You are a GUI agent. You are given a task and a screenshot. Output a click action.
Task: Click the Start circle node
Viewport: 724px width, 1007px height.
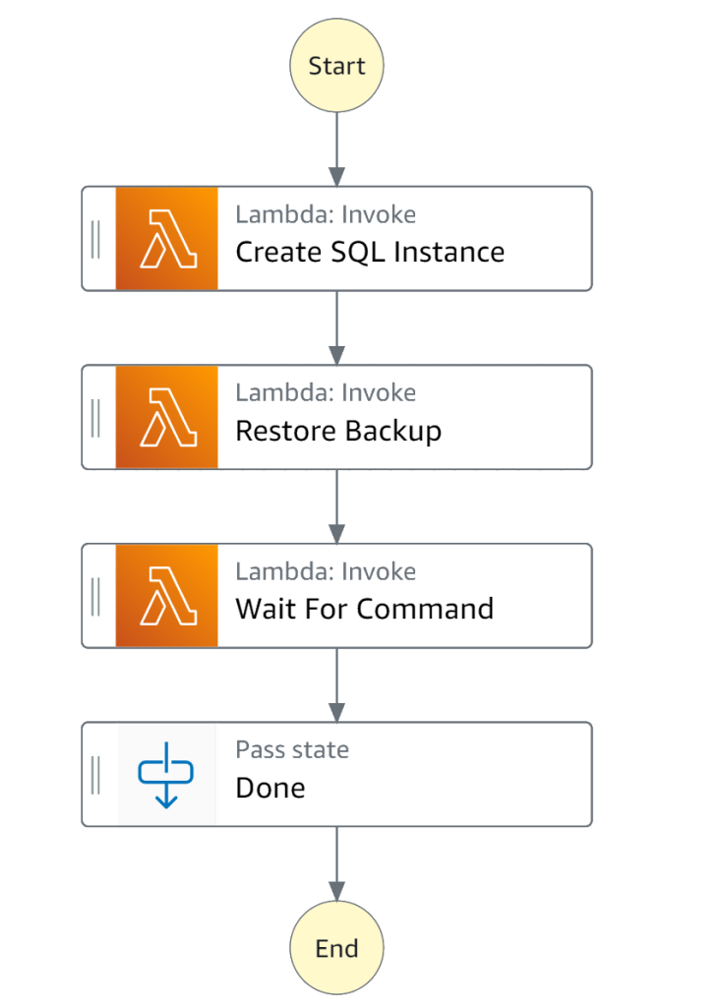(x=336, y=66)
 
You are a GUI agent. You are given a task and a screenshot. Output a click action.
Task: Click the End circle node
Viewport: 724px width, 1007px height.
(x=336, y=949)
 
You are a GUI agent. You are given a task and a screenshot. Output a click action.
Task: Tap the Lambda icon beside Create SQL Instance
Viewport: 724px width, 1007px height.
(x=167, y=238)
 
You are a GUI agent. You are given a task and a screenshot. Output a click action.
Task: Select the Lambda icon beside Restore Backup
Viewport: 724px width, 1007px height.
(x=167, y=417)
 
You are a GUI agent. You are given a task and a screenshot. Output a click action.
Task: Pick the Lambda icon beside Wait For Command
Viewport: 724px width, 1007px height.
(x=167, y=596)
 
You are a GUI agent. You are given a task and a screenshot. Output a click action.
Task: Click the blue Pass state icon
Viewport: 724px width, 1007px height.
(x=167, y=775)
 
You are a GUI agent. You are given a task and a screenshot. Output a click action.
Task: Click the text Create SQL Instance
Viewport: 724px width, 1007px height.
(x=370, y=252)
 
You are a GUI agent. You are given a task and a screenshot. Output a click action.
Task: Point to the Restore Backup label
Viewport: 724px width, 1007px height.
(x=338, y=431)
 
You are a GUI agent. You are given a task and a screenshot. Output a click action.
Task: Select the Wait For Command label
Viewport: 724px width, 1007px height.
(x=364, y=609)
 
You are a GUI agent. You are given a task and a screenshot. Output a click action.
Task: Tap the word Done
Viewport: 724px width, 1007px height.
(x=271, y=788)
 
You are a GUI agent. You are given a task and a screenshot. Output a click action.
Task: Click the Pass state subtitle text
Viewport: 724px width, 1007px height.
(x=292, y=750)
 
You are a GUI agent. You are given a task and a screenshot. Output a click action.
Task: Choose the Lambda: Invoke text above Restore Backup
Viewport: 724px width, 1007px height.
(x=326, y=393)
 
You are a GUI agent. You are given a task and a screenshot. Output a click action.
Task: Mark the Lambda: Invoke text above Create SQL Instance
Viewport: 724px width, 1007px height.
(x=326, y=214)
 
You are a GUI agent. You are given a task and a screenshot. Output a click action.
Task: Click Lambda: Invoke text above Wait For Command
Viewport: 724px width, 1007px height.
(x=326, y=571)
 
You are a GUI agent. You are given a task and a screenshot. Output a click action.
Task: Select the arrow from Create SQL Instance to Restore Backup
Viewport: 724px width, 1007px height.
(x=336, y=327)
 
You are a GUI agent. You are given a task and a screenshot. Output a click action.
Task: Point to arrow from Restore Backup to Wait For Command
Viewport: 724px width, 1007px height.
(x=336, y=506)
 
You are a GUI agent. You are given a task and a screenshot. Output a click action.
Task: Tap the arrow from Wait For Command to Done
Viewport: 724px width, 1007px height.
(x=336, y=685)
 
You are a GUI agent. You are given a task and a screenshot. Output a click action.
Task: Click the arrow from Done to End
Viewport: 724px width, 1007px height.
(x=336, y=863)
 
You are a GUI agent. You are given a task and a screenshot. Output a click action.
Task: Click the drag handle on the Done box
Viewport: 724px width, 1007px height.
(x=95, y=775)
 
